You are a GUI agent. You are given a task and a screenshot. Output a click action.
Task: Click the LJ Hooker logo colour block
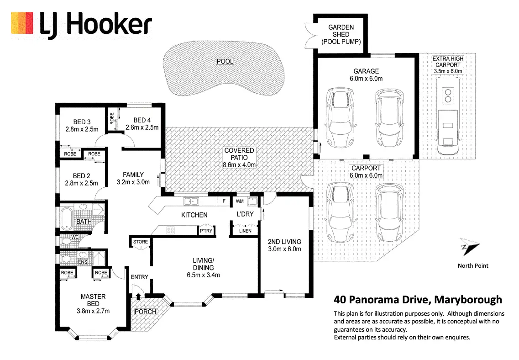tap(22, 23)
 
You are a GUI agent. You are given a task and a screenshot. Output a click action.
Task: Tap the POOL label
tap(225, 61)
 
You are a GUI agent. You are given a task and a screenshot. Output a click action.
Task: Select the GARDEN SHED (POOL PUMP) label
tap(341, 34)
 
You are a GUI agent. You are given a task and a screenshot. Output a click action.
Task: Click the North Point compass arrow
tap(470, 247)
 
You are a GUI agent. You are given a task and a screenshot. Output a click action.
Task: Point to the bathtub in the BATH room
tap(67, 218)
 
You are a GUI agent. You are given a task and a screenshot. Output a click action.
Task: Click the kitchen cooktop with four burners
tap(170, 230)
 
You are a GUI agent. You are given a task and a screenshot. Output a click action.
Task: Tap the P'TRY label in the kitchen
tap(206, 231)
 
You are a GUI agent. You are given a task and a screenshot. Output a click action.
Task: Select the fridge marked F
tap(224, 201)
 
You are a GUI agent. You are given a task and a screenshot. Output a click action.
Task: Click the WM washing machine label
tap(240, 201)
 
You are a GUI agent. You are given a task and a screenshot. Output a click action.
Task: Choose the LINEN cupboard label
tap(245, 231)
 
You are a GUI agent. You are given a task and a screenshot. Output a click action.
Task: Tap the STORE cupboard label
tap(140, 242)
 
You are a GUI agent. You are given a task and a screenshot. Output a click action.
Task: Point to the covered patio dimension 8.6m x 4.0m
tap(239, 164)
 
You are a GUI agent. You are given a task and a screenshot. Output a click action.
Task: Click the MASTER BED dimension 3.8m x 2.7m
tap(93, 311)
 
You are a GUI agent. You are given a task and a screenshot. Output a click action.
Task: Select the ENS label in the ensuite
tap(83, 262)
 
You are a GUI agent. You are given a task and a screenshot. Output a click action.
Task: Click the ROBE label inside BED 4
tap(111, 118)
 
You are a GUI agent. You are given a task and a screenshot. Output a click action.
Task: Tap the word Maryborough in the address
tap(468, 300)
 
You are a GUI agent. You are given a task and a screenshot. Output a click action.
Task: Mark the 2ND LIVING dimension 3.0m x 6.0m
tap(284, 249)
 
